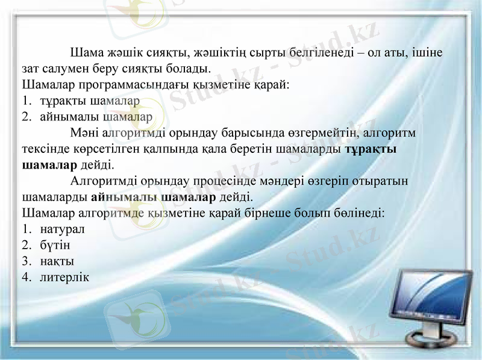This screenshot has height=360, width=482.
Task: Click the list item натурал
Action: pyautogui.click(x=63, y=229)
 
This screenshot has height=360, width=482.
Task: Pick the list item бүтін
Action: pyautogui.click(x=55, y=246)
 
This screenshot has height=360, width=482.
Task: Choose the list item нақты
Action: pyautogui.click(x=57, y=261)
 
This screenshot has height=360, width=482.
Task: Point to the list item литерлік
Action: pyautogui.click(x=64, y=278)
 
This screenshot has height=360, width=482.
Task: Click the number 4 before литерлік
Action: pyautogui.click(x=25, y=278)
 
